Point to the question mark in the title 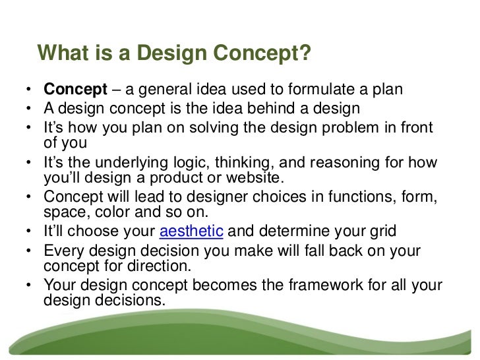[304, 53]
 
